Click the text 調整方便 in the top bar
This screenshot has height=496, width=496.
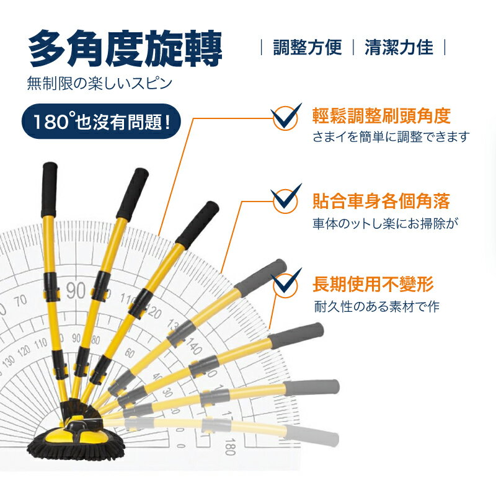[x=308, y=48]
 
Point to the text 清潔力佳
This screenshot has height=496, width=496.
[x=399, y=48]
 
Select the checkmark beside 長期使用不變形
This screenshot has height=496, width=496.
[x=286, y=283]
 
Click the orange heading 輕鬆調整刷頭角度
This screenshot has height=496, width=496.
[x=381, y=116]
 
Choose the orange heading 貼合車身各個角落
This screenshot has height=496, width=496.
[x=381, y=201]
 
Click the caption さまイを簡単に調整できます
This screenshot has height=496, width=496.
[x=391, y=137]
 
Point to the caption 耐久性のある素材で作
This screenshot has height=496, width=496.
[x=376, y=306]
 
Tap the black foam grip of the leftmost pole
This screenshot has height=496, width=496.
[x=49, y=181]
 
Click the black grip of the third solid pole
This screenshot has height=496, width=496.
[x=197, y=224]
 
